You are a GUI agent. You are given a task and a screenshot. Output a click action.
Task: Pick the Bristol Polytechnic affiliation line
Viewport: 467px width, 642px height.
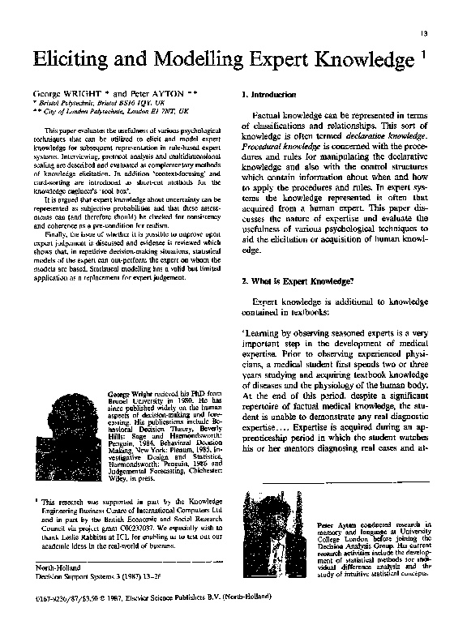[x=91, y=105]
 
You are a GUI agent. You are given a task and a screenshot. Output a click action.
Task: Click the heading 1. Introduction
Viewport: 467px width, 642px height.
[x=270, y=96]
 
